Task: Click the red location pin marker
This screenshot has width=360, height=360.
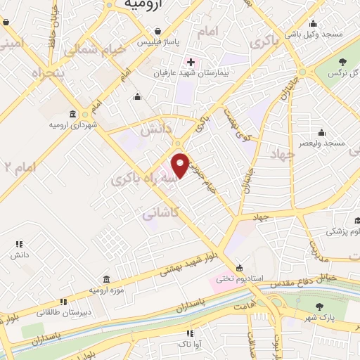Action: [x=181, y=165]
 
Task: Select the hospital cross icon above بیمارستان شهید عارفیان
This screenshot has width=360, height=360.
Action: [x=191, y=61]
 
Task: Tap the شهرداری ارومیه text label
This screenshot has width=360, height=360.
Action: [x=74, y=125]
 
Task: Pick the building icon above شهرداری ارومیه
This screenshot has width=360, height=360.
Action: [x=74, y=115]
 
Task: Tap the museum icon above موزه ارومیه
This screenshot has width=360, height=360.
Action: [x=106, y=279]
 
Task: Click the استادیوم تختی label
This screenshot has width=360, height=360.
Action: [x=240, y=278]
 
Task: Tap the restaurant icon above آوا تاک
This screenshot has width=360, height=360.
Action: [x=189, y=333]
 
